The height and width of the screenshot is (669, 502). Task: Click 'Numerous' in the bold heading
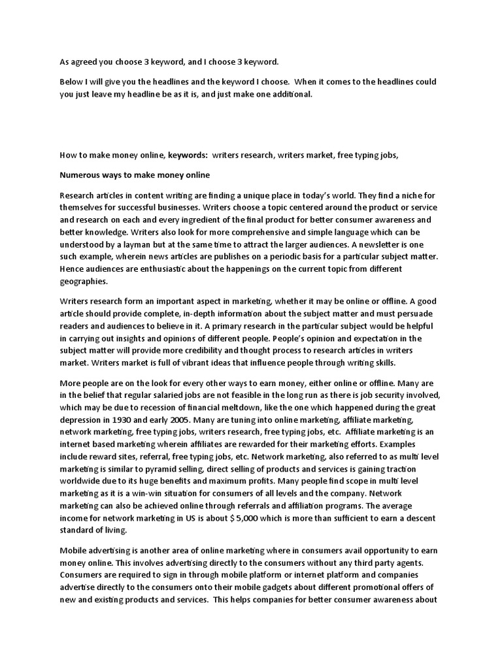[80, 175]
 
